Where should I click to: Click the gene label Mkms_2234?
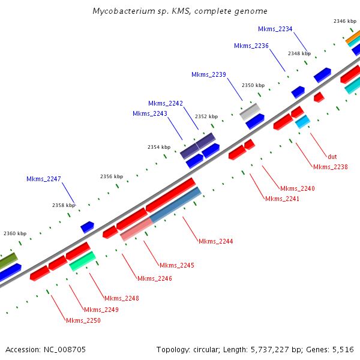coord(275,29)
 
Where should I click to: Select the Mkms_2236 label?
coord(251,46)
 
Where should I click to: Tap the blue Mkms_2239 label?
coord(209,74)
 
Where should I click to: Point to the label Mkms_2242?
coord(166,103)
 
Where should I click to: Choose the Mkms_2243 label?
coord(150,113)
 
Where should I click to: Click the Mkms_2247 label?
coord(44,179)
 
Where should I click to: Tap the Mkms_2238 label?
coord(331,167)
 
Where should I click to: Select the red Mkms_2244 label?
coord(216,241)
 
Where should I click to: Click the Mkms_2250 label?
coord(83,320)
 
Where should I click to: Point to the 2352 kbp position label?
coord(206,116)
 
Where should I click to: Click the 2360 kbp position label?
coord(15,233)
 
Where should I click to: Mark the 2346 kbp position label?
coord(345,21)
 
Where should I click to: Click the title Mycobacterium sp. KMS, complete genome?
coord(180,11)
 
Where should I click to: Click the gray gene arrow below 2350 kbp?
coord(250,111)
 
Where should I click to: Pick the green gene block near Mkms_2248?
coord(83,261)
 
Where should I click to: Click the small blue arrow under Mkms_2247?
coord(88,227)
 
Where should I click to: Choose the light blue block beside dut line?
coord(302,121)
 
